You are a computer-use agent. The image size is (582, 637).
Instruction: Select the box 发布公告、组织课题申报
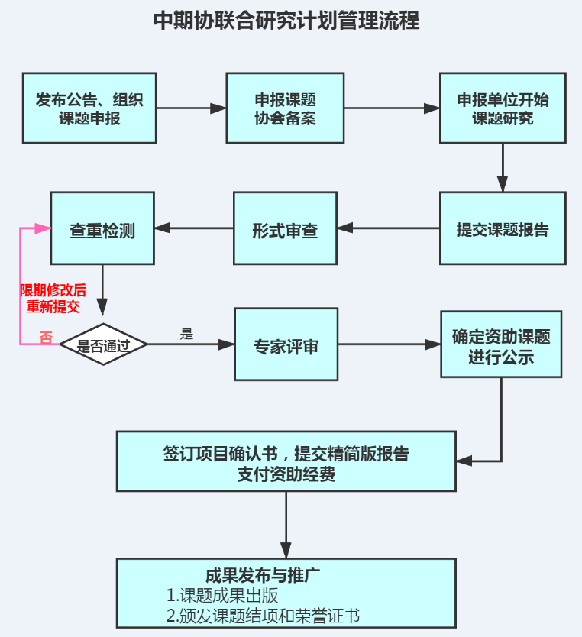[89, 108]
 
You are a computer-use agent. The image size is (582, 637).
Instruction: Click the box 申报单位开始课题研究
[503, 108]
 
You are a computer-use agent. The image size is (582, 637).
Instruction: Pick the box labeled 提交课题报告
[503, 228]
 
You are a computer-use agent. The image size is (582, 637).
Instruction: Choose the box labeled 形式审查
[285, 228]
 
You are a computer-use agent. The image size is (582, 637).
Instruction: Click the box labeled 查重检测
[102, 228]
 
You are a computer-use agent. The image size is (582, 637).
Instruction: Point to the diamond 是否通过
[103, 344]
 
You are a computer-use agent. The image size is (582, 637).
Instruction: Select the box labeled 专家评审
[286, 344]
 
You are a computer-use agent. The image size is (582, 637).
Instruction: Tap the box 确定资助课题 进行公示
[501, 344]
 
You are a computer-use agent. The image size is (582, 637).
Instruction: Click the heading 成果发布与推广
[257, 576]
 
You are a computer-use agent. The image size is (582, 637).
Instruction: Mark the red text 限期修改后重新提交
[53, 299]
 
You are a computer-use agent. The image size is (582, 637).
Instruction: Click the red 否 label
[46, 338]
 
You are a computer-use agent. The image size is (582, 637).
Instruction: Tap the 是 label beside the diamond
[186, 334]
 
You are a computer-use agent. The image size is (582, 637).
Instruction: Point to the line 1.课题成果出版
[222, 596]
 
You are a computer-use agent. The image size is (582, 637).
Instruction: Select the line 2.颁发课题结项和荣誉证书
[263, 616]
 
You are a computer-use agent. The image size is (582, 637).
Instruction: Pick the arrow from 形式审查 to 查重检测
[194, 228]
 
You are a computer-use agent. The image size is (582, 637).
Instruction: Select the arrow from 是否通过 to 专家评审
[191, 344]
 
